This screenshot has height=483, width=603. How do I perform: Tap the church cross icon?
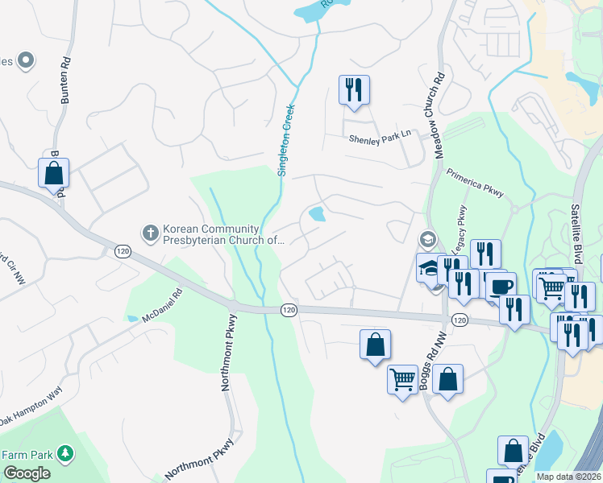(x=149, y=233)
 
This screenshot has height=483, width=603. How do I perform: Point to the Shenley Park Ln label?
(x=380, y=138)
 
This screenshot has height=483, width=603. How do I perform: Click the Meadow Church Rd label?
(x=440, y=116)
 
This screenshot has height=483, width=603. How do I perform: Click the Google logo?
(x=27, y=473)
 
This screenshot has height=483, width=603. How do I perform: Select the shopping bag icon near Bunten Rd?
(x=53, y=172)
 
